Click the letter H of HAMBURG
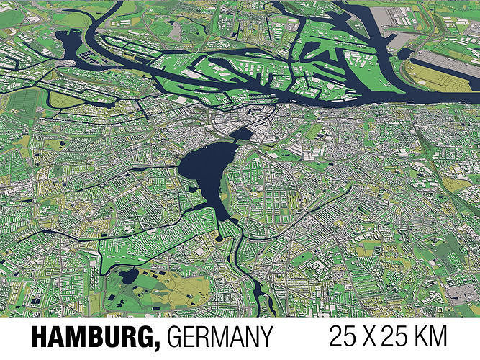click(x=39, y=336)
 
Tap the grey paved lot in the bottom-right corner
click(x=461, y=292)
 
